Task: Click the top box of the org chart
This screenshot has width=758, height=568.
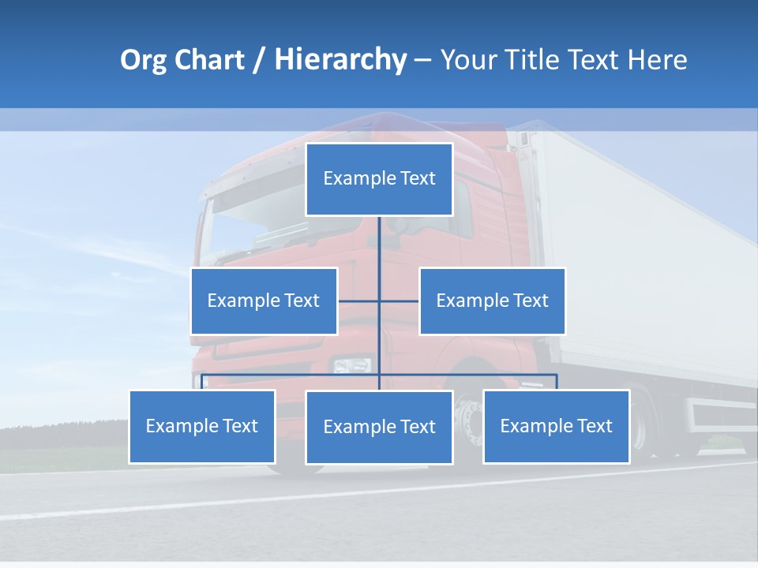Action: click(379, 179)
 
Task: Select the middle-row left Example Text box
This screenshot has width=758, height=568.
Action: click(264, 301)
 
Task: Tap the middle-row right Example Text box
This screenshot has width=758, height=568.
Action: click(492, 301)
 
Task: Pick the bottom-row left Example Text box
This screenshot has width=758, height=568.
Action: click(202, 426)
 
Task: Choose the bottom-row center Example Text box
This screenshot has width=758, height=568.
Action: click(379, 427)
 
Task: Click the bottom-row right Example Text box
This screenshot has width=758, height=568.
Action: click(556, 426)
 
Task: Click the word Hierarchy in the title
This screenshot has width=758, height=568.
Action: click(340, 59)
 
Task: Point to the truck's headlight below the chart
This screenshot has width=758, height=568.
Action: click(351, 365)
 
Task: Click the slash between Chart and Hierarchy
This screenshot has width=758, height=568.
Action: click(259, 60)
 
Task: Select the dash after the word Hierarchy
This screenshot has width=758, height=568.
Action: click(422, 60)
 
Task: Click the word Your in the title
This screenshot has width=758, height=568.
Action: click(468, 60)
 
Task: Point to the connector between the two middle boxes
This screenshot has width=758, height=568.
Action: click(379, 301)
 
